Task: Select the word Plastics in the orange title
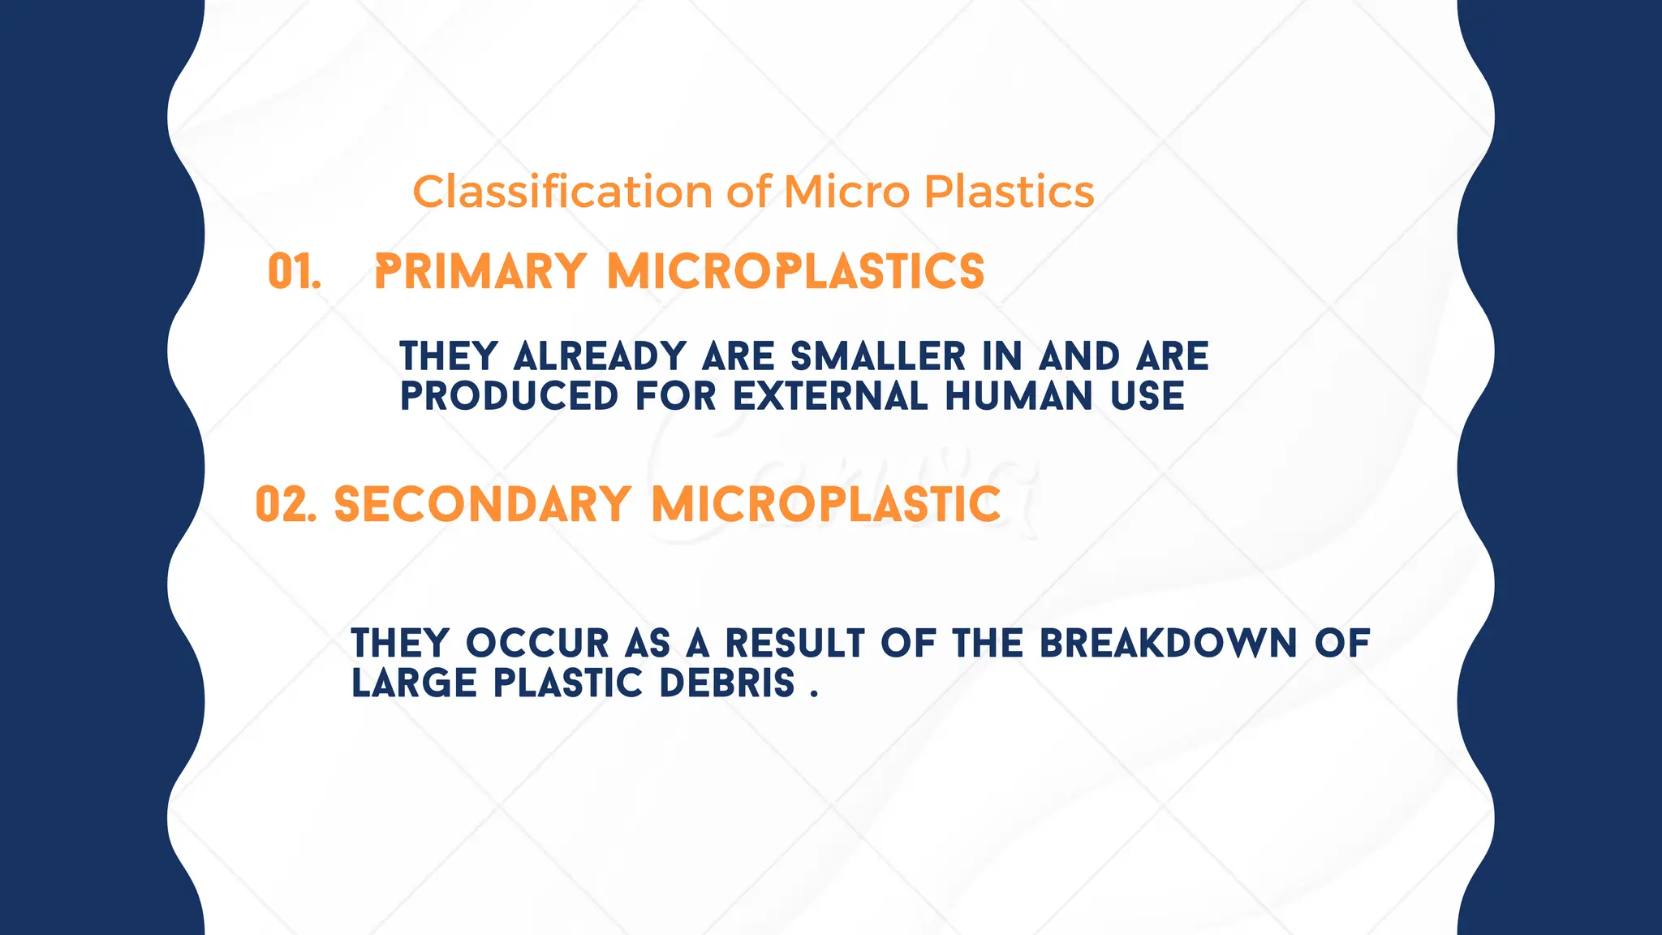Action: (1010, 192)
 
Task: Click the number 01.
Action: (294, 272)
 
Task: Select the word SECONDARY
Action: (483, 505)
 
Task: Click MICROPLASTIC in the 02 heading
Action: (826, 505)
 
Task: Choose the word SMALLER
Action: (878, 357)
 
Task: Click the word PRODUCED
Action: (510, 397)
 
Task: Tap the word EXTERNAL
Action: (830, 397)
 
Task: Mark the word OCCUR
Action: (537, 644)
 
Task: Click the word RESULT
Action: (794, 644)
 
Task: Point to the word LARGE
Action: (414, 683)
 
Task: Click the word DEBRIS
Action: (727, 683)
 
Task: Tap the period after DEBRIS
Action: (814, 694)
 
